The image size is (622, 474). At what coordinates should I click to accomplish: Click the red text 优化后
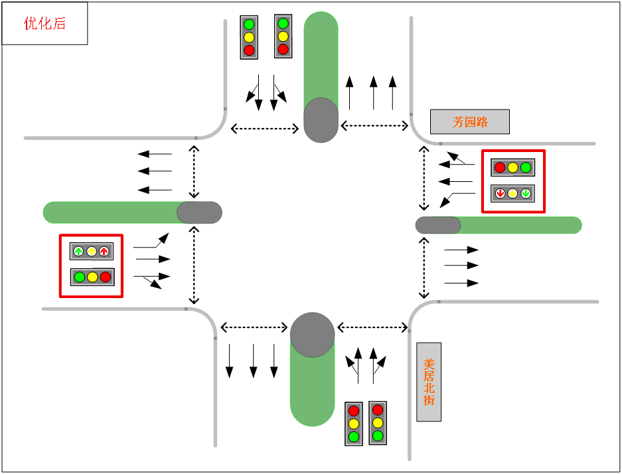(x=45, y=24)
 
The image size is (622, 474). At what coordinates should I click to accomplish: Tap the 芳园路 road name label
(x=470, y=122)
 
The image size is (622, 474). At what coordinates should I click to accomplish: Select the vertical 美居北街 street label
(x=429, y=382)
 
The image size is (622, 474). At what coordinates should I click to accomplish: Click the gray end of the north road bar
(x=321, y=120)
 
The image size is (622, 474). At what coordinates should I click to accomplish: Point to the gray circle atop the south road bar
(x=313, y=335)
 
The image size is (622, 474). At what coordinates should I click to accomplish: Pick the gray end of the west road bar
(x=199, y=212)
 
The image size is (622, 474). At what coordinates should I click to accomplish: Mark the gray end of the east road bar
(x=438, y=225)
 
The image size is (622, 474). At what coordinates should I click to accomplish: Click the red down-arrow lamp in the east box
(x=501, y=193)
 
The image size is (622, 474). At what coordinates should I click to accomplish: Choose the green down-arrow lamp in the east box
(x=526, y=193)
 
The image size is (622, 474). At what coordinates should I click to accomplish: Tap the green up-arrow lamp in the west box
(x=79, y=251)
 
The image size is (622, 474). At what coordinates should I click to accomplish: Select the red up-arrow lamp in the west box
(x=104, y=251)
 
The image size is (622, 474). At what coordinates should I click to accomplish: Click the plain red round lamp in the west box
(x=106, y=277)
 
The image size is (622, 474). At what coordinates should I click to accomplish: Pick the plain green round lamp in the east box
(x=526, y=167)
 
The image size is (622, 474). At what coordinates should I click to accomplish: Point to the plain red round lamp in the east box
(x=500, y=167)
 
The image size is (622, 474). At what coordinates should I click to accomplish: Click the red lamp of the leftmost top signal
(x=249, y=50)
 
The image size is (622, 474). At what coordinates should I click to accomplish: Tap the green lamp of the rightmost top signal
(x=283, y=23)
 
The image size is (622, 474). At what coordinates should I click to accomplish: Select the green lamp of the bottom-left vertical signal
(x=354, y=436)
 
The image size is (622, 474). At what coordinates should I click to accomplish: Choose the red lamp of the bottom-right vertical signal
(x=378, y=410)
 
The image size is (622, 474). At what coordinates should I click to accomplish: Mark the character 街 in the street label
(x=429, y=400)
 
